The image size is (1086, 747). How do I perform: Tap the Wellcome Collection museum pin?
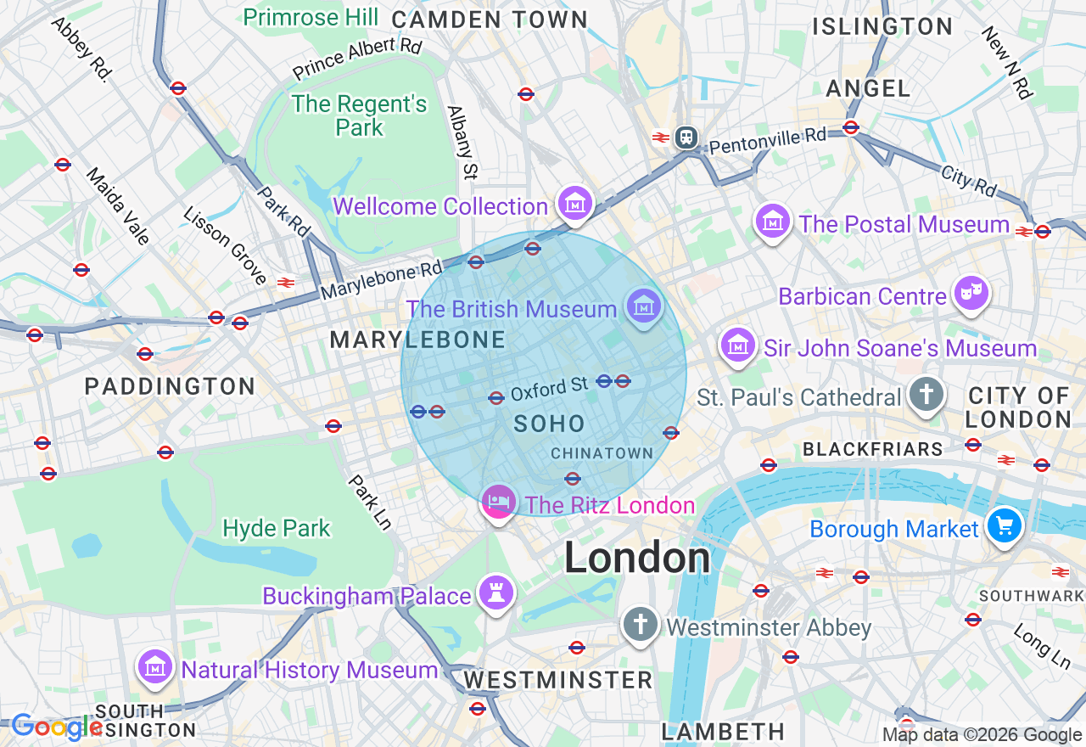[x=574, y=204]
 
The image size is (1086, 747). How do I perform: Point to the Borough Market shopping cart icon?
[x=1005, y=526]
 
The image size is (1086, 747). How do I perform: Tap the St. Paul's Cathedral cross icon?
[x=926, y=395]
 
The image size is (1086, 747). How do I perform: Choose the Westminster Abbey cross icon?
[x=641, y=625]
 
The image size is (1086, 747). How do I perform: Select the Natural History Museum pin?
[x=156, y=668]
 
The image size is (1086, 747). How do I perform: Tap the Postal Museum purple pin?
[x=773, y=222]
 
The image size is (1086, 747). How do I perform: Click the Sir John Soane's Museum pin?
[x=738, y=345]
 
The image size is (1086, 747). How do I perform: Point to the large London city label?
[x=637, y=558]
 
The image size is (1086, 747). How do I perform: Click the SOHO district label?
[x=549, y=424]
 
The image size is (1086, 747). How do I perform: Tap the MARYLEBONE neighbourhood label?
[x=417, y=340]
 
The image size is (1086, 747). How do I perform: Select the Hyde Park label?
[x=276, y=528]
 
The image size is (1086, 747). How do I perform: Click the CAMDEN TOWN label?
[x=490, y=19]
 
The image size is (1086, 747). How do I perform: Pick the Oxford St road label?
[x=549, y=390]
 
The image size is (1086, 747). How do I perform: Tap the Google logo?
[x=57, y=727]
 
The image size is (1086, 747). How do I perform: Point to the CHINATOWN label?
[x=602, y=453]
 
